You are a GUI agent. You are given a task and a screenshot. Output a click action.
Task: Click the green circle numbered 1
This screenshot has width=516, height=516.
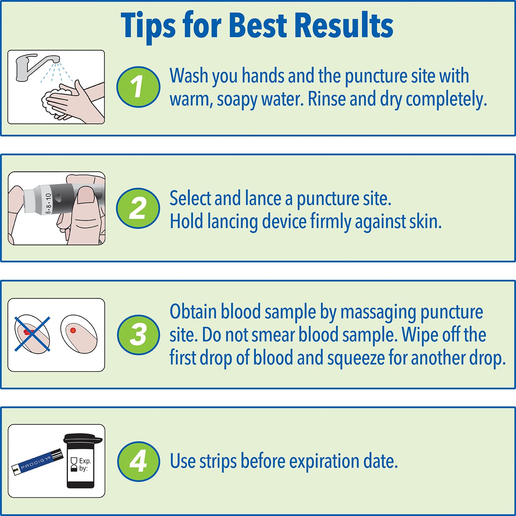coord(138,87)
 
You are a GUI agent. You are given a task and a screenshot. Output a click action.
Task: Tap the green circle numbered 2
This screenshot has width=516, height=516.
coord(138,208)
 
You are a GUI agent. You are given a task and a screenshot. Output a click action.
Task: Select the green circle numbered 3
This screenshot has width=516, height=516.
coord(138,335)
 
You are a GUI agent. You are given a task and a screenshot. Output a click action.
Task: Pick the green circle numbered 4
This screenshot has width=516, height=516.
coord(138,461)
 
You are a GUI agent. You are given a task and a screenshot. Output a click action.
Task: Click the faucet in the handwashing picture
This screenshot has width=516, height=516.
coord(33,65)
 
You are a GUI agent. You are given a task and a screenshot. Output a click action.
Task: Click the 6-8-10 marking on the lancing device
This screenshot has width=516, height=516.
coord(48,203)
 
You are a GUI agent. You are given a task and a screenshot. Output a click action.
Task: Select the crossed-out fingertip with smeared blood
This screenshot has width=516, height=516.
coord(32,334)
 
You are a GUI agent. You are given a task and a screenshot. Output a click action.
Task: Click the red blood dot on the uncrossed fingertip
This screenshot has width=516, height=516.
coord(73,330)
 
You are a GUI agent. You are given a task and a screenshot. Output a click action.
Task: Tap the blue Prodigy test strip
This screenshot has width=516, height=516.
coord(37,463)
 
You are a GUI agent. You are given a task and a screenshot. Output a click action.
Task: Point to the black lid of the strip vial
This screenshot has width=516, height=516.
coord(83,439)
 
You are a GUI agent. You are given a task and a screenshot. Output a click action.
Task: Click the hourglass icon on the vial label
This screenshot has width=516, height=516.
coord(74,464)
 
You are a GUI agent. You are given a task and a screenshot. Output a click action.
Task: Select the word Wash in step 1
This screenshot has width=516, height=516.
coord(189,76)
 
